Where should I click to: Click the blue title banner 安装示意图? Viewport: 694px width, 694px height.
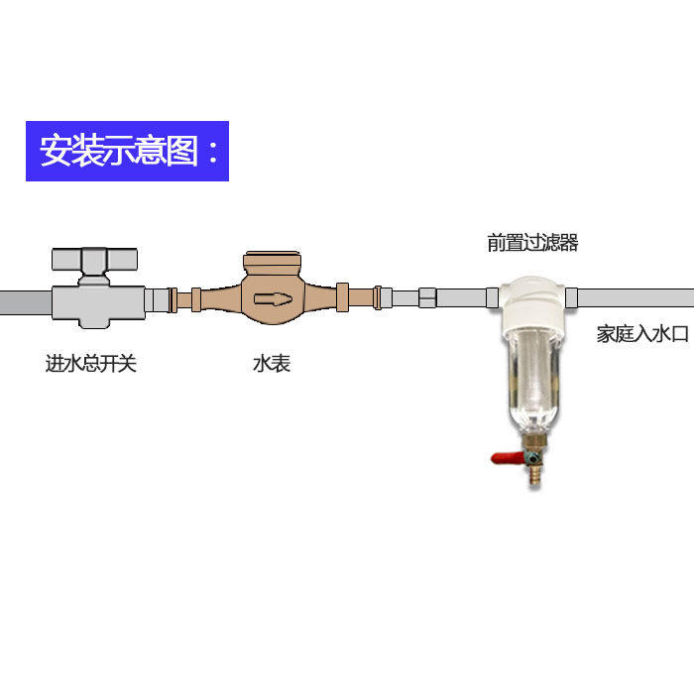point(127,151)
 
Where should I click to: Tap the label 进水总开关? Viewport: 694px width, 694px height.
point(90,364)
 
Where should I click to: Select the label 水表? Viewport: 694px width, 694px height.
point(271,364)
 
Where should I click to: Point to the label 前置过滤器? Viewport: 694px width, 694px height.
point(532,242)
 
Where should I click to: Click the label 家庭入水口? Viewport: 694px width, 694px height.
point(642,334)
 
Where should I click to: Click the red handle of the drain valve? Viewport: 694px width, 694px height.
point(508,458)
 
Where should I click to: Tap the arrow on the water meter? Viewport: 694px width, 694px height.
point(271,298)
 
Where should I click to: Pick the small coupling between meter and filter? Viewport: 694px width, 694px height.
point(426,297)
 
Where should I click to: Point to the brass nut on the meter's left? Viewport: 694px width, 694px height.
point(195,297)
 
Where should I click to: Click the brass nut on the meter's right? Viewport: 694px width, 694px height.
point(343,297)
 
